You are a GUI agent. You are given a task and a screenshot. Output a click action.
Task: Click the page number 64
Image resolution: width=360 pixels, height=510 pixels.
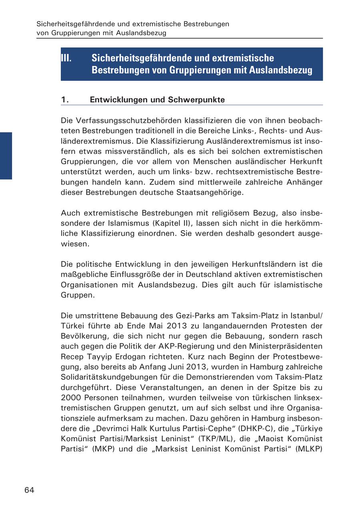[x=29, y=490]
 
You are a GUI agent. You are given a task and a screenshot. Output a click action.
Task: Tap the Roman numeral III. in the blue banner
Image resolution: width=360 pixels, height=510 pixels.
[x=66, y=58]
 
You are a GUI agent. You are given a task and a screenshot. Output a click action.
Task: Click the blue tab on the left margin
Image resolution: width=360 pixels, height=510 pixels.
[x=6, y=156]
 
